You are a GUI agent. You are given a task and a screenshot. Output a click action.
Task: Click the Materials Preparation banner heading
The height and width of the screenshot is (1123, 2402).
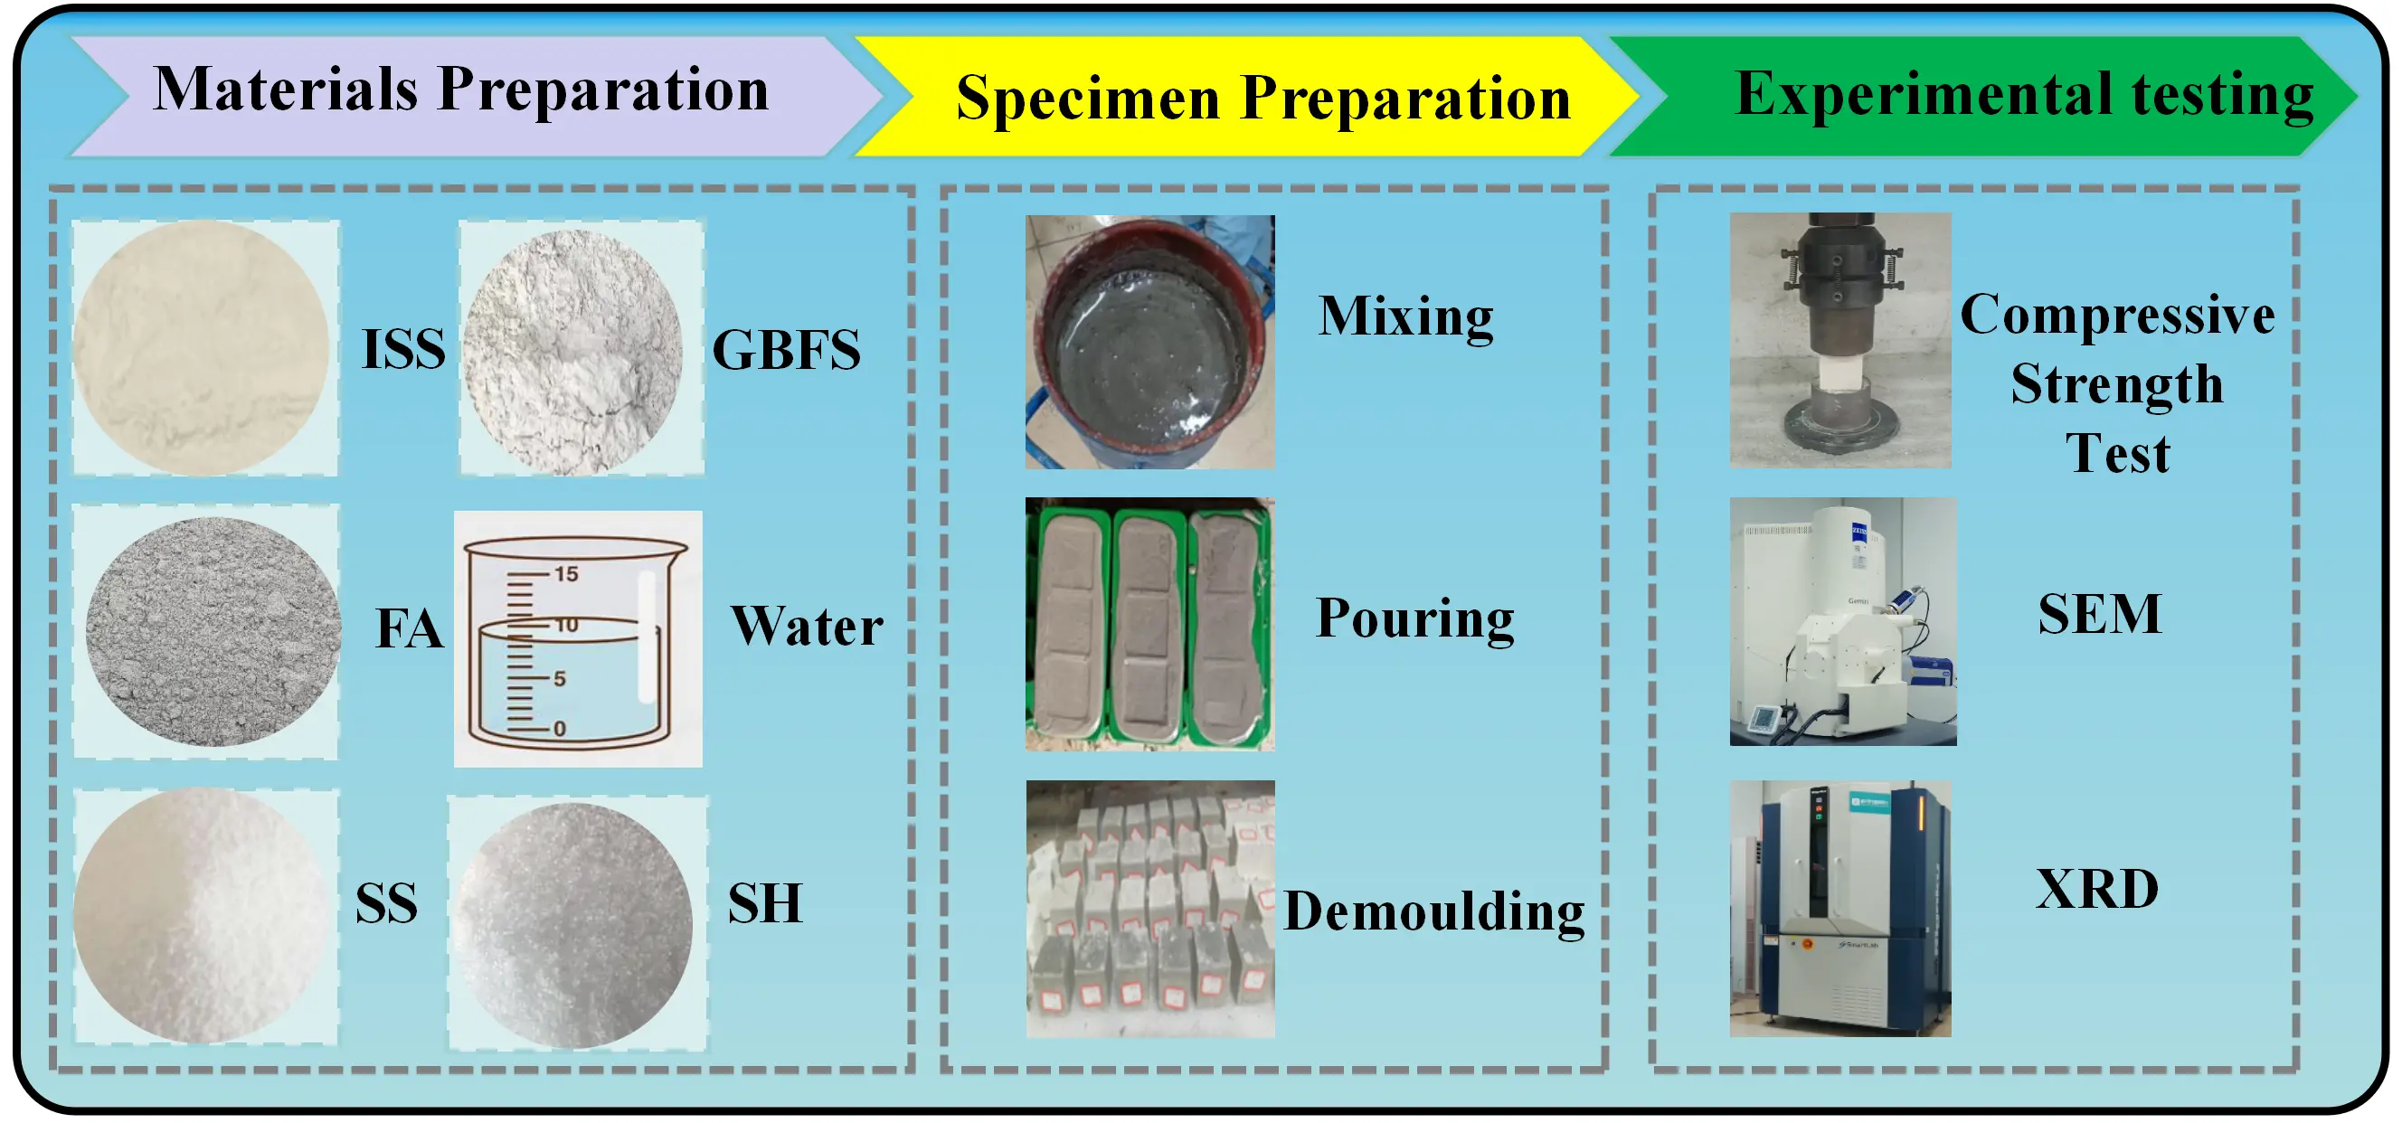pos(460,90)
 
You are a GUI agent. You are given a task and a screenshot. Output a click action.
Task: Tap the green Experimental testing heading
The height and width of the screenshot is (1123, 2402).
pos(2023,94)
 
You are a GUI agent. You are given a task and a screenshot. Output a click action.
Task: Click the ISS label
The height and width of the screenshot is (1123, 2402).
pos(402,350)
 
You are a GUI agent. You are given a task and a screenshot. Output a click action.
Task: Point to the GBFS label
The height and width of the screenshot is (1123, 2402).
pos(786,351)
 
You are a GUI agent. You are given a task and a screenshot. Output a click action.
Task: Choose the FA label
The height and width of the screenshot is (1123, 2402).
pos(409,628)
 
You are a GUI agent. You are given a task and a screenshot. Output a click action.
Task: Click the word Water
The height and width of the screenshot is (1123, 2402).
pos(807,626)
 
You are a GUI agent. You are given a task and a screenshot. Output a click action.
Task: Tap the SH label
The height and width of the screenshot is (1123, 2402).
pos(764,902)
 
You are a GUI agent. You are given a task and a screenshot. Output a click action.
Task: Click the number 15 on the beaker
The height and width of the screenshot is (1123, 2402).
pos(566,574)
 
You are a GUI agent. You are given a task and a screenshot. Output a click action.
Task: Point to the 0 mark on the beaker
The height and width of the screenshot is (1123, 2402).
pos(560,729)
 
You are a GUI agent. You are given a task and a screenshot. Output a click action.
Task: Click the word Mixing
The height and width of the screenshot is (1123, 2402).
pos(1405,316)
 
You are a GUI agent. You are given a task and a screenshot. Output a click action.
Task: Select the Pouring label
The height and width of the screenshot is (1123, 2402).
pos(1414,618)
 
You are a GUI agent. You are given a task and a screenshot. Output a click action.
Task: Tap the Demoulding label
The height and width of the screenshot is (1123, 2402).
pos(1434,911)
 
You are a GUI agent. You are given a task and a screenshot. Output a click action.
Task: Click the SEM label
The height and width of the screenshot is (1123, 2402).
pos(2099,614)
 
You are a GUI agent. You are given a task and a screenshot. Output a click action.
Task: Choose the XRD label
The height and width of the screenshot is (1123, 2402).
pos(2097,888)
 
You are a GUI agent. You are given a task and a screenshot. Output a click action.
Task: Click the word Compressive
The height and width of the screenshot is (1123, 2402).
pos(2116,314)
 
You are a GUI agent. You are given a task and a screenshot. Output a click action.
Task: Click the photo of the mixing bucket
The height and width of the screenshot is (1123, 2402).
pos(1149,342)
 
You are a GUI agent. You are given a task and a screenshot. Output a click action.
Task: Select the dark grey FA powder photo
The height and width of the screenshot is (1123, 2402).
pos(213,631)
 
